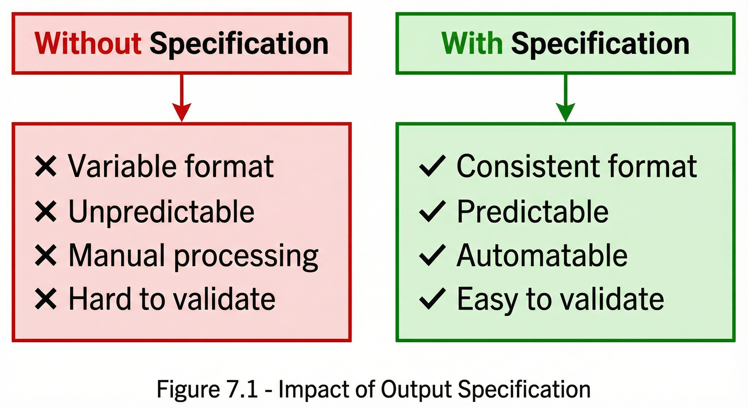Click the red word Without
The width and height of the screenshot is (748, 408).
click(x=88, y=44)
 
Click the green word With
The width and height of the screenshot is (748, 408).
click(x=471, y=44)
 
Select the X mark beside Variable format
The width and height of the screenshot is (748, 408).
click(x=46, y=166)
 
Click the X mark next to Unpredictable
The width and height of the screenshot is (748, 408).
click(x=46, y=211)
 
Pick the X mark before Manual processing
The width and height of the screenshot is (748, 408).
click(x=46, y=255)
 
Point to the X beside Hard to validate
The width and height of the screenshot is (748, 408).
click(x=46, y=299)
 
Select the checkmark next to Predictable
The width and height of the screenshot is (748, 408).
click(x=432, y=211)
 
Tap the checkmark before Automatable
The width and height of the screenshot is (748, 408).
click(x=432, y=255)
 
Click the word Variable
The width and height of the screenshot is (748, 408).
click(x=122, y=166)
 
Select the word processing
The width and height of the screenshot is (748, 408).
click(x=246, y=256)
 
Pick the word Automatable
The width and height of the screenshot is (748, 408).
click(x=542, y=256)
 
